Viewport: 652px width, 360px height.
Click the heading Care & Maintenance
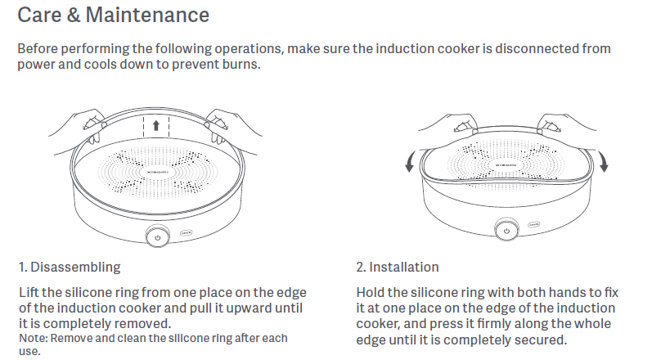pos(113,16)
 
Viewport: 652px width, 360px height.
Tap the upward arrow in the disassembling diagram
pos(156,126)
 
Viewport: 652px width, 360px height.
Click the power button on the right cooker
pos(507,232)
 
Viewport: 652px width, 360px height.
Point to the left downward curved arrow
pos(409,162)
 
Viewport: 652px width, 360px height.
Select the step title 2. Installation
pos(397,268)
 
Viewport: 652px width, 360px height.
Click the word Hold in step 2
pos(371,292)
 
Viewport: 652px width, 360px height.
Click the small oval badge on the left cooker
pos(186,232)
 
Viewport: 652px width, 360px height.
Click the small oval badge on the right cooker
pos(533,222)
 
